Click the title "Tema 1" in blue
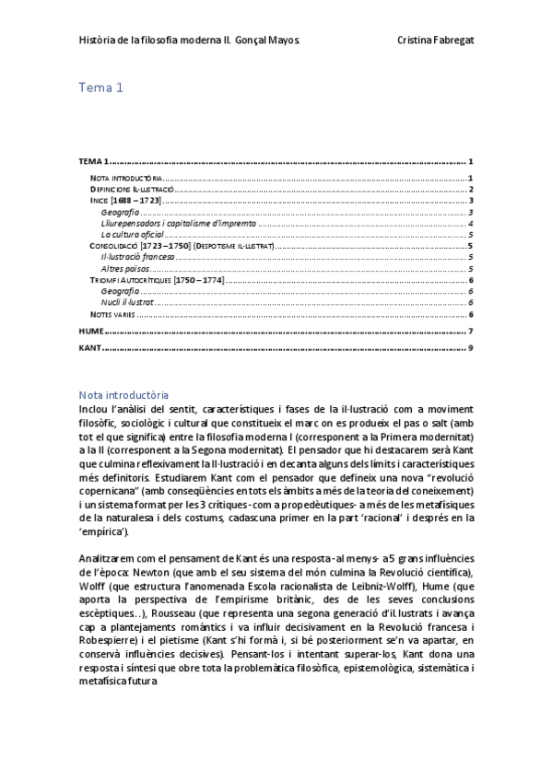101,88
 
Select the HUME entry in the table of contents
90,331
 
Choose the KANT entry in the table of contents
89,348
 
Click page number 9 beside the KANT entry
470,348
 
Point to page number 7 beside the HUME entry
470,331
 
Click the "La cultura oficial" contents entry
132,235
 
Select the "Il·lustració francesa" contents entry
138,257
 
